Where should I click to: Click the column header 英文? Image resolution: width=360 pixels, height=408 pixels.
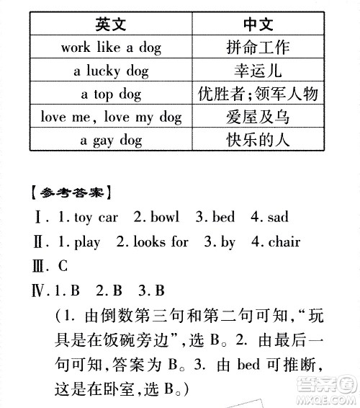[111, 25]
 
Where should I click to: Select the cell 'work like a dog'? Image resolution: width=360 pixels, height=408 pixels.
[111, 48]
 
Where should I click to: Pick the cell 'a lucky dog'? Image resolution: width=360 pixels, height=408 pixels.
[111, 71]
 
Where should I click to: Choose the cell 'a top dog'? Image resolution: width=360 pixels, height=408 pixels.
[111, 94]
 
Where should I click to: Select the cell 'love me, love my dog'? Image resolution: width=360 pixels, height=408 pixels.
[111, 117]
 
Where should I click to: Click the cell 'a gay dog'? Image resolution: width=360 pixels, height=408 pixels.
[111, 140]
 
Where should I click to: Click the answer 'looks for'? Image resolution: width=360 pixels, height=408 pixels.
[159, 242]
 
